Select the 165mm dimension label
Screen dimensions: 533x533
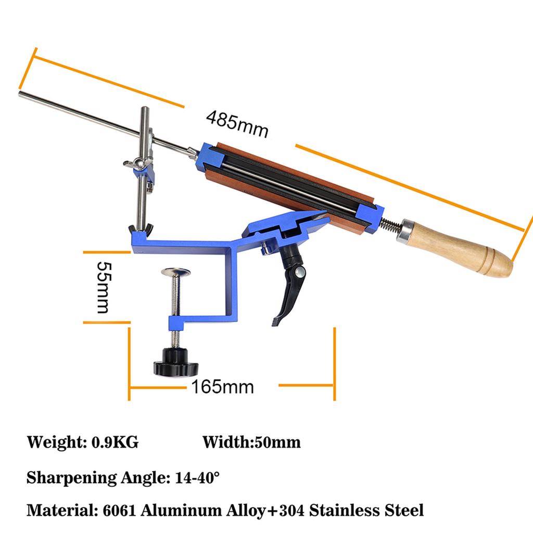[222, 387]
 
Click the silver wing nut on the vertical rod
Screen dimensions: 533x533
[137, 163]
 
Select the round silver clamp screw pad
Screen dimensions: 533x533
[175, 272]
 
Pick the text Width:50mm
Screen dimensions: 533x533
[251, 443]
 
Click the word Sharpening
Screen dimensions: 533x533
[63, 477]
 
